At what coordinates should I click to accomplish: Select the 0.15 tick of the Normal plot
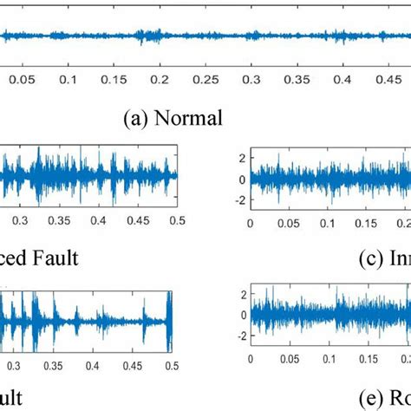tap(114, 78)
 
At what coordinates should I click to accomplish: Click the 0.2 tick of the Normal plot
tap(160, 78)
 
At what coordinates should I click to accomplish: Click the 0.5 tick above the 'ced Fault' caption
tap(177, 221)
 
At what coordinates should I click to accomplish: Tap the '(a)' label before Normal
tap(138, 117)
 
